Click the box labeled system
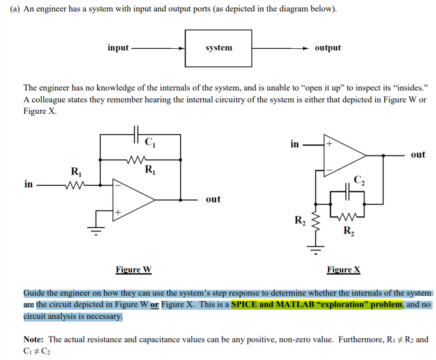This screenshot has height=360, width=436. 218,48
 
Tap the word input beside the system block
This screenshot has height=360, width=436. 118,48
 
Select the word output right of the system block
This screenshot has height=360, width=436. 327,48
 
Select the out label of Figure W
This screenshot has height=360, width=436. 213,199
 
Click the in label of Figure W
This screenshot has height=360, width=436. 28,184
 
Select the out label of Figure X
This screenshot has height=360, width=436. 418,155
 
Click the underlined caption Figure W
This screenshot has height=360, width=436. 134,270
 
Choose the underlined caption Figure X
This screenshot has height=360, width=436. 343,270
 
